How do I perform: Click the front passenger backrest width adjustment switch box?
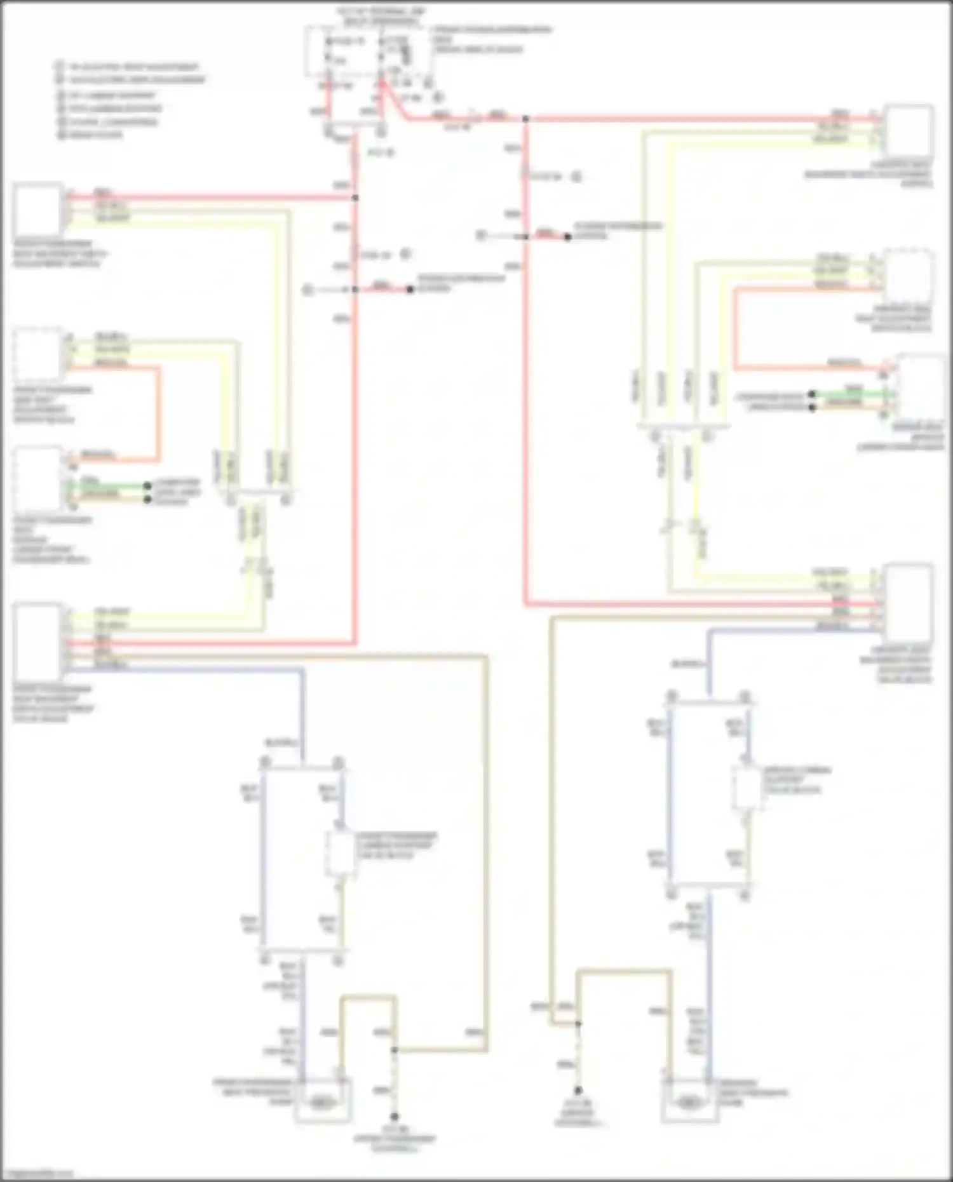(x=38, y=210)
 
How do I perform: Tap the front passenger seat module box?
(x=38, y=480)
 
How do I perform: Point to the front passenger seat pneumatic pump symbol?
(x=323, y=1103)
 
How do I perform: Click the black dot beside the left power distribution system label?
(x=410, y=290)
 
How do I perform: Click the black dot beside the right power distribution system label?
(x=567, y=237)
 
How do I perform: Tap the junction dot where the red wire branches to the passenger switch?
(x=355, y=198)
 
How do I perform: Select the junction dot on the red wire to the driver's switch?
(x=525, y=119)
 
